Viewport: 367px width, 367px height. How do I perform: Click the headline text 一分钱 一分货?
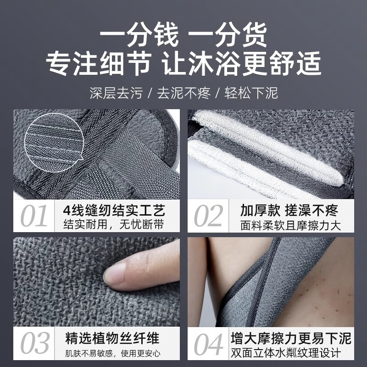pos(183,36)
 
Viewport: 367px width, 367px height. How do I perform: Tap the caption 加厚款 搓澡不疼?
pos(289,211)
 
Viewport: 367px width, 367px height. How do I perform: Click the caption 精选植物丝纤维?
pos(113,339)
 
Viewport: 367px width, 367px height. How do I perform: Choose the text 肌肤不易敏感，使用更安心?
pos(113,354)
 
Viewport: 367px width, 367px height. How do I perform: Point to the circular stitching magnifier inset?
pos(52,137)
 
